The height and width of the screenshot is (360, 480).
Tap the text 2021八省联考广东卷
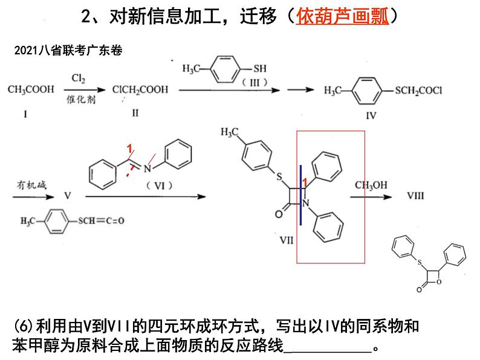click(67, 51)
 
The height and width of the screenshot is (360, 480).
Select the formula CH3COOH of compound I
click(31, 89)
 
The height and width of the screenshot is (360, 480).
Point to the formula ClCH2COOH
click(140, 90)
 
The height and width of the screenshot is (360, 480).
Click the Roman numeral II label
click(135, 113)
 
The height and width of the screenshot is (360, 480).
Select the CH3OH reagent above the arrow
click(371, 185)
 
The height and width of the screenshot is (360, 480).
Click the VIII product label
click(416, 196)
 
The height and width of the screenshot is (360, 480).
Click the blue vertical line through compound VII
click(301, 193)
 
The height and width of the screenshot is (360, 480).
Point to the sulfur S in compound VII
click(279, 176)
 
